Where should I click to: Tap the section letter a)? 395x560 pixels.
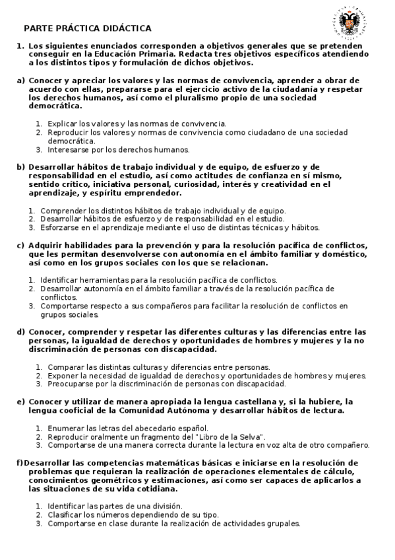[x=20, y=80]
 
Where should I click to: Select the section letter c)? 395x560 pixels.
[x=20, y=246]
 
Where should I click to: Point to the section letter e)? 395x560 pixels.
[x=20, y=402]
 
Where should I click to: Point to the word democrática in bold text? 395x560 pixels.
[x=55, y=106]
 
